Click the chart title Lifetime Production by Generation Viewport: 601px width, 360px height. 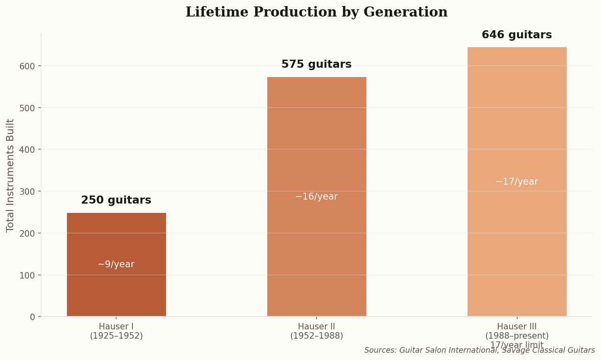point(316,12)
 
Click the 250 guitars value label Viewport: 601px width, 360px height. point(116,200)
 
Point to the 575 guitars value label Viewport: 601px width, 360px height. point(316,65)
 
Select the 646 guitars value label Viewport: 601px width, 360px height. point(517,35)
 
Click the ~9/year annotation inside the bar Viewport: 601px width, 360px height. point(116,264)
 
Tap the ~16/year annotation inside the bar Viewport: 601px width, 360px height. point(316,197)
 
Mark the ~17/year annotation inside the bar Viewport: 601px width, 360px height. point(517,182)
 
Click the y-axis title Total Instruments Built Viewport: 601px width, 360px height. point(10,175)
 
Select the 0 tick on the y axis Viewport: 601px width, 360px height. point(32,317)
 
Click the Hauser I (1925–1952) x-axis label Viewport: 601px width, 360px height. point(116,331)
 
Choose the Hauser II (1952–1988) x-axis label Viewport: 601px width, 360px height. point(316,331)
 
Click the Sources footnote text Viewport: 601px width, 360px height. point(479,350)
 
